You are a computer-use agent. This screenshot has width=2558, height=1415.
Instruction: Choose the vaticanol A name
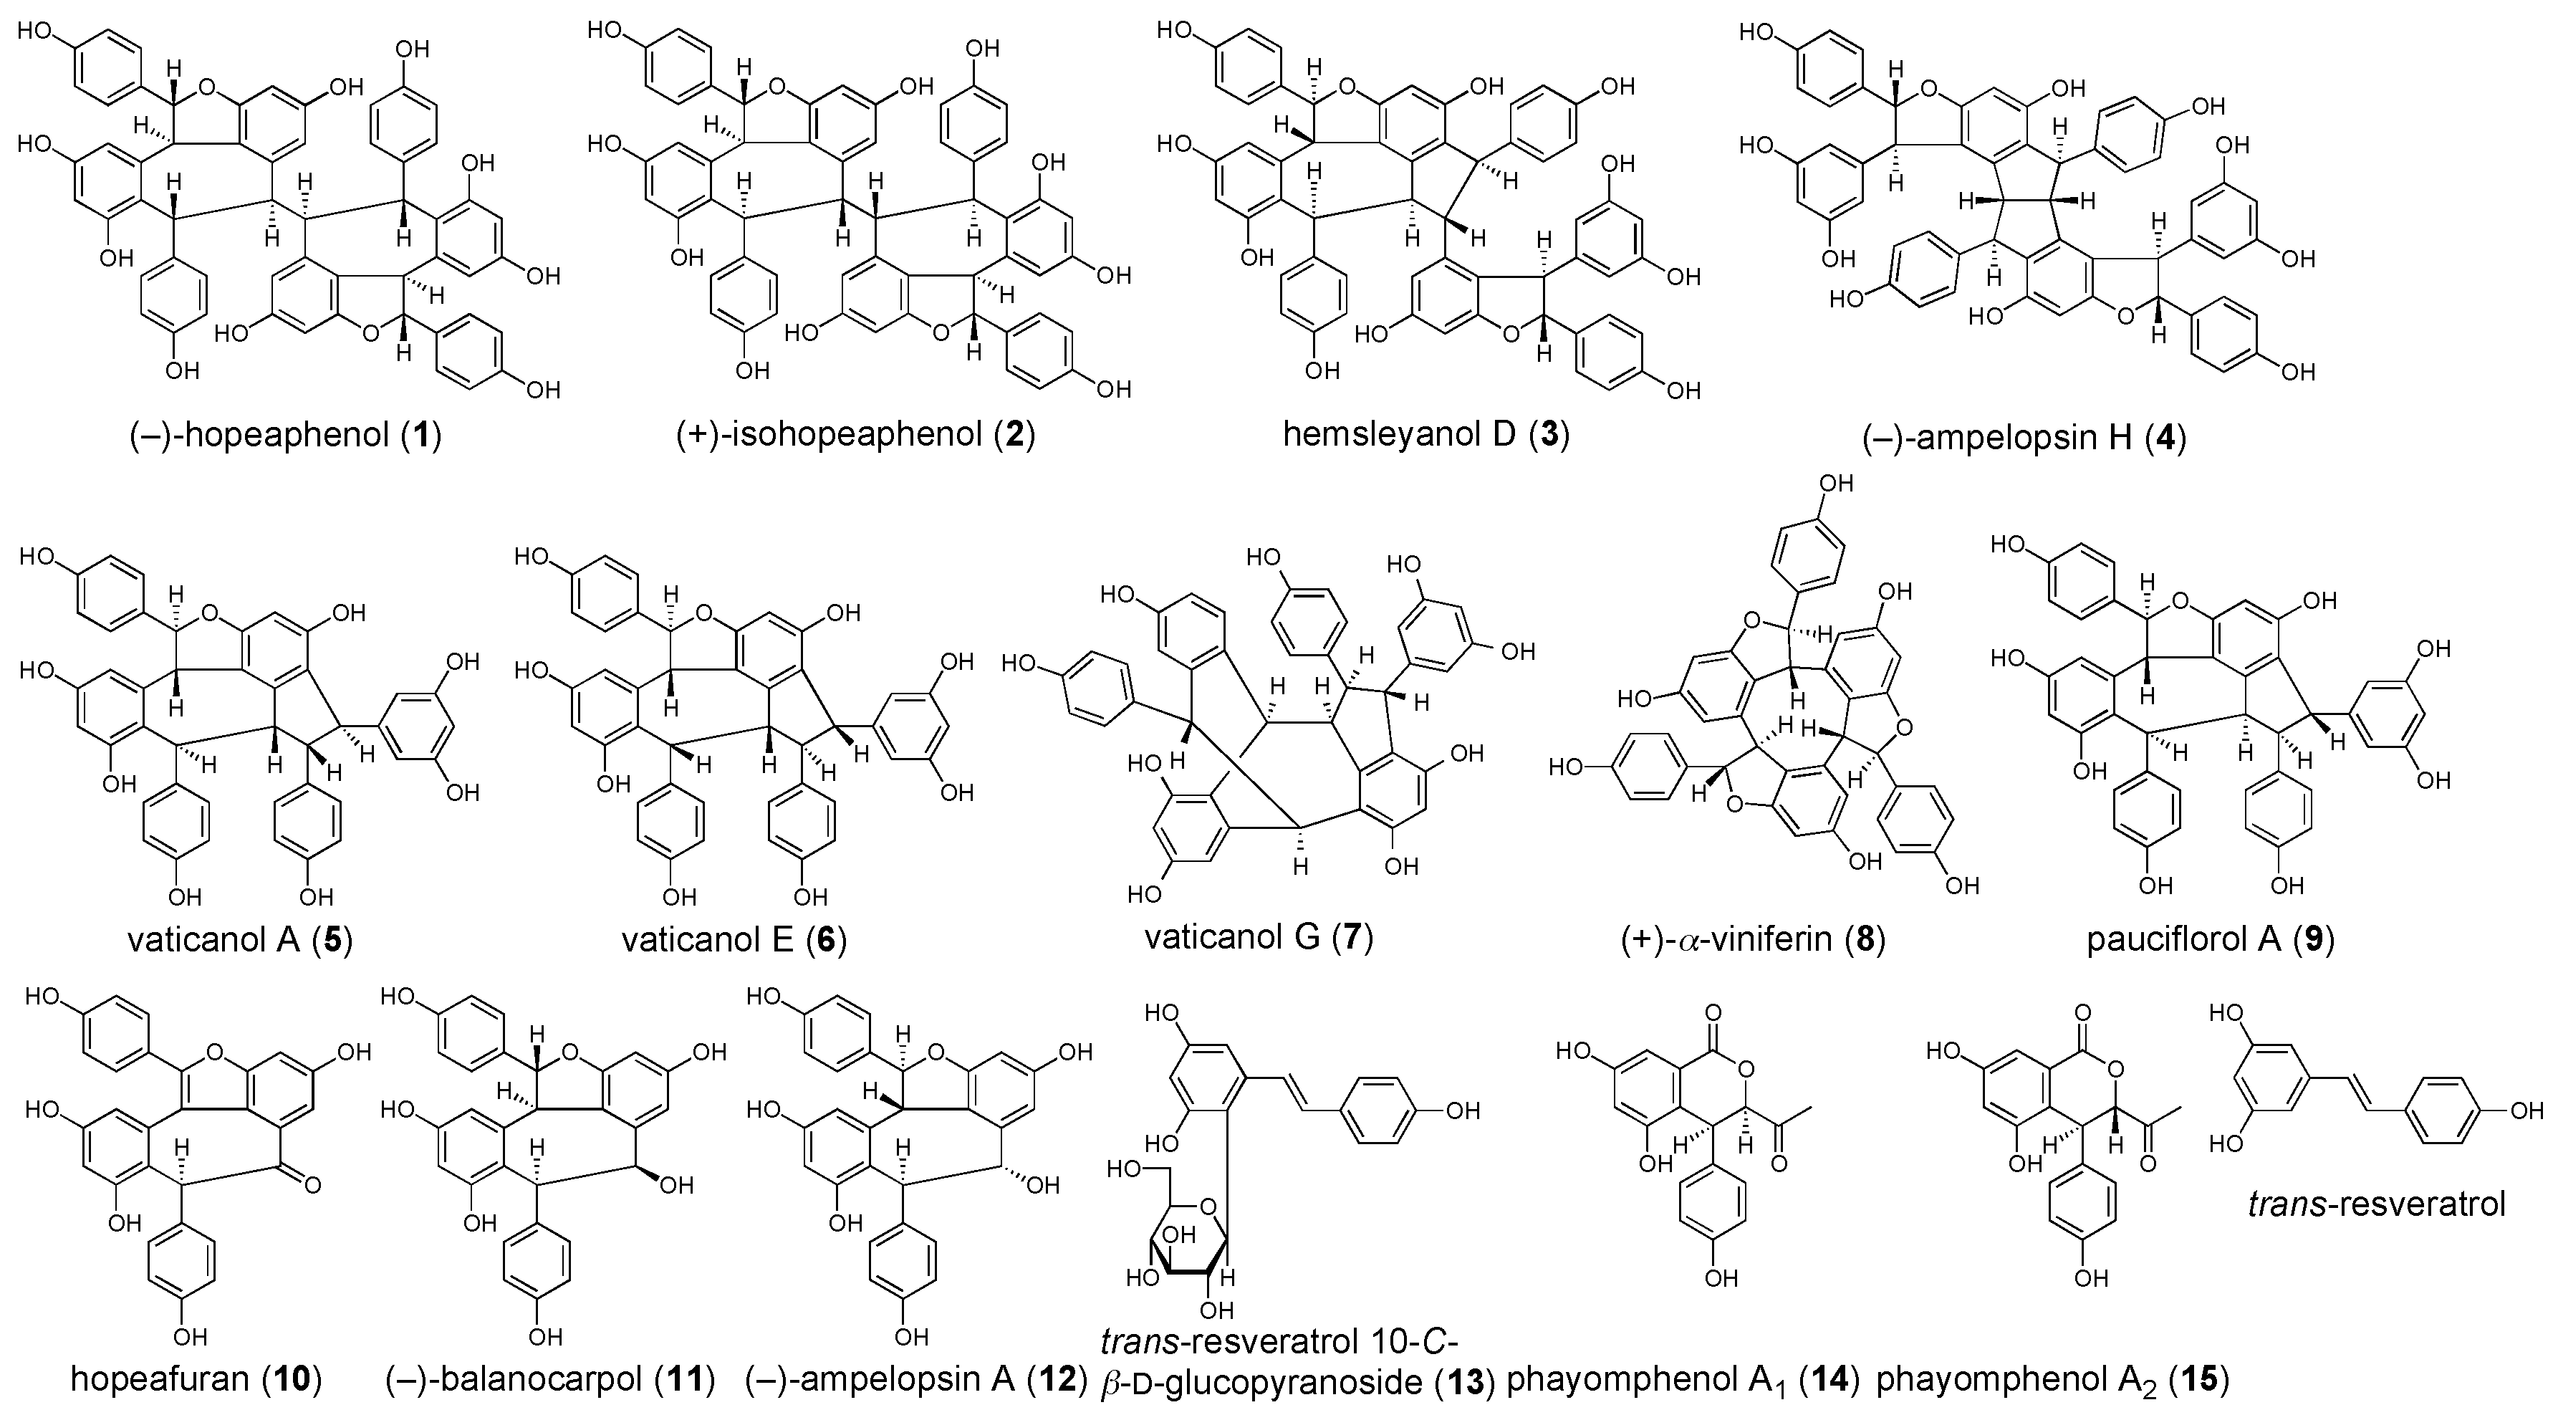[239, 939]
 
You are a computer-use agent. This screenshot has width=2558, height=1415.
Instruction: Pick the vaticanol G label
[1258, 936]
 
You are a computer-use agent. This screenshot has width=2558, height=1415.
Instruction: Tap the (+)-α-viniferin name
[1753, 939]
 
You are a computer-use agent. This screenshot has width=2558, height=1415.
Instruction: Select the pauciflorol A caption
[2209, 939]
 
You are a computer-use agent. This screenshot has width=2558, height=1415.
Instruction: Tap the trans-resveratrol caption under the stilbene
[2376, 1204]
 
